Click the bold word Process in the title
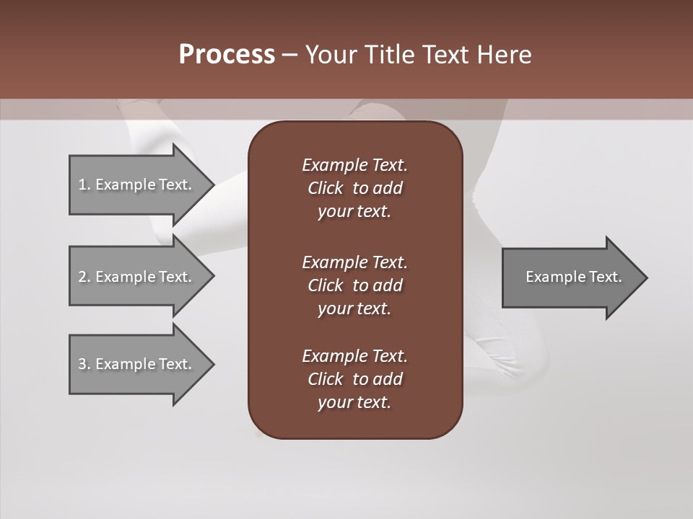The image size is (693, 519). pyautogui.click(x=227, y=55)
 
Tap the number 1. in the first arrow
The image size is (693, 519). pyautogui.click(x=84, y=185)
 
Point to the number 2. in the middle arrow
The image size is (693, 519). pyautogui.click(x=84, y=277)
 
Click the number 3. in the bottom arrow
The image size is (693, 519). pyautogui.click(x=84, y=364)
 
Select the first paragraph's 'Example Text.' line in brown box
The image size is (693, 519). pyautogui.click(x=354, y=165)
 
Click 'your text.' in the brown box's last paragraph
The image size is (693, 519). pyautogui.click(x=354, y=403)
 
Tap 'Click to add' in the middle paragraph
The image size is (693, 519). pyautogui.click(x=354, y=285)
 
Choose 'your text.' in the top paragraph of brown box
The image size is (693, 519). pyautogui.click(x=354, y=212)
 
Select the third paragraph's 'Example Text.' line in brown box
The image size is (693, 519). pyautogui.click(x=354, y=356)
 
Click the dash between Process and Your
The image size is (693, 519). pyautogui.click(x=289, y=55)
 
